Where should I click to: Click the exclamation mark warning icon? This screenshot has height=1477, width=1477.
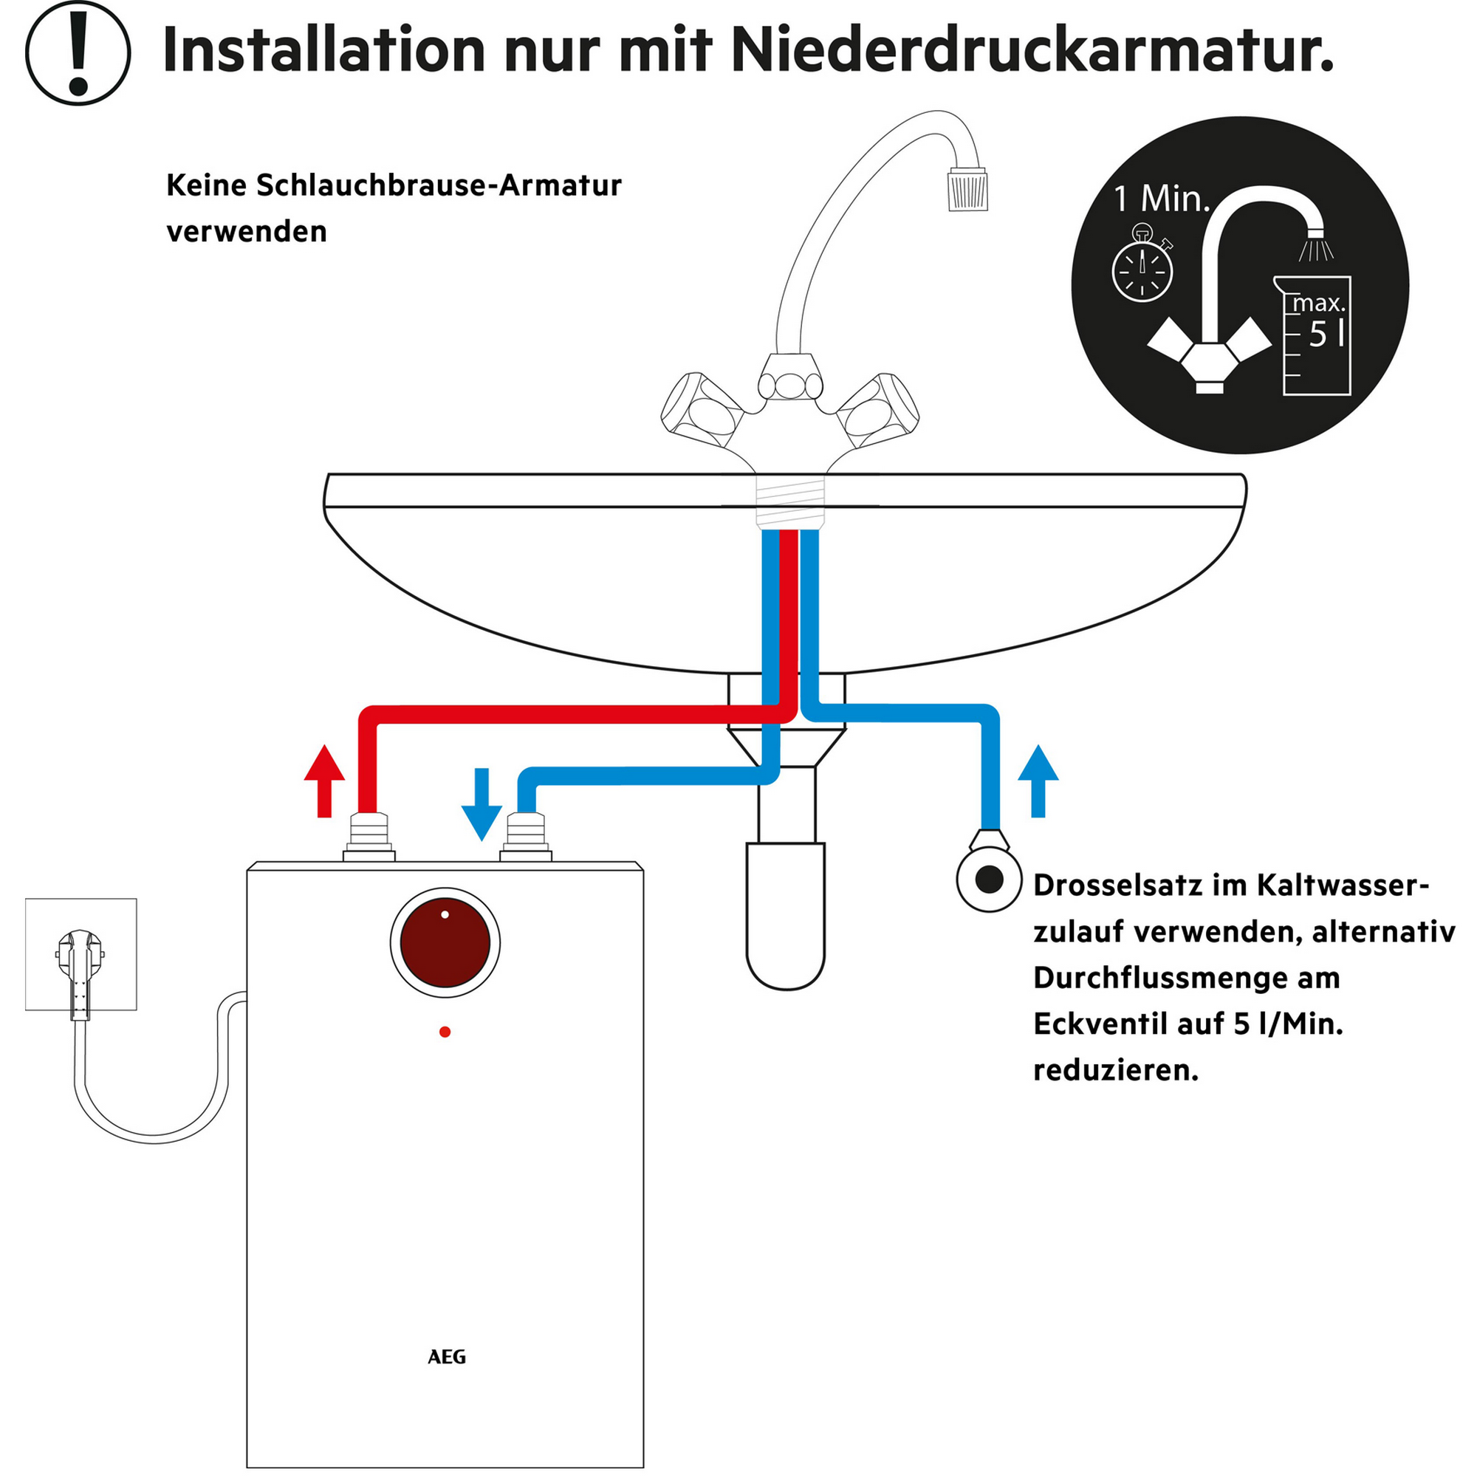coord(78,52)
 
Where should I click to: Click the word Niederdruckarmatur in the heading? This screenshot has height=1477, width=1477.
coord(1032,50)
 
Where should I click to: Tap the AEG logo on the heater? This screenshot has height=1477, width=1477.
coord(447,1356)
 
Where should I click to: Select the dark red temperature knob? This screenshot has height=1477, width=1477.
coord(445,942)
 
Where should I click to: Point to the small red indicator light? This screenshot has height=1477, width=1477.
coord(445,1032)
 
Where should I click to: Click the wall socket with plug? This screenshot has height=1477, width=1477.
coord(81,955)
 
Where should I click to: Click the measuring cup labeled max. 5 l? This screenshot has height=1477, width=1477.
coord(1317,336)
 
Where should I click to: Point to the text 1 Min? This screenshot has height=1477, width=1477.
coord(1161,200)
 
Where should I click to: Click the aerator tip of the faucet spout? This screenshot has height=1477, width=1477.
coord(968,190)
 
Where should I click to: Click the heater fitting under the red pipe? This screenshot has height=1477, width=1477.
coord(369,838)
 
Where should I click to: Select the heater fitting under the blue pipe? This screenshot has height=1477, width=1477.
coord(526,838)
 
